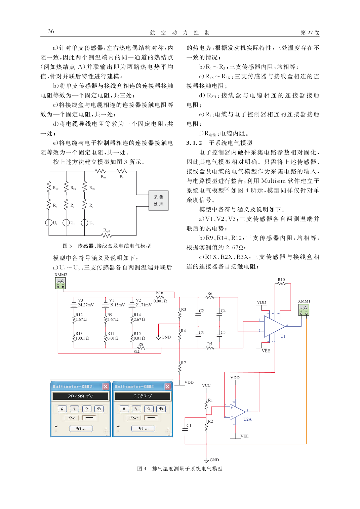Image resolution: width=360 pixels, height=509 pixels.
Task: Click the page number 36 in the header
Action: [x=51, y=31]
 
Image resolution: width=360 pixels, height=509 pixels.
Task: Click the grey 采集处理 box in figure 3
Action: [x=158, y=201]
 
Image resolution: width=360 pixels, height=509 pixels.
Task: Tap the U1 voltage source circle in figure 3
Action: [x=49, y=222]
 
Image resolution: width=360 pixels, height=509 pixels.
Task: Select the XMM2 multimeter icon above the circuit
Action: [x=61, y=283]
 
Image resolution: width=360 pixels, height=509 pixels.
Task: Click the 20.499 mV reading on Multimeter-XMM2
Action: [x=80, y=396]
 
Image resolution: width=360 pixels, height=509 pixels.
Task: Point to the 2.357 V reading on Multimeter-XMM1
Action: [x=143, y=396]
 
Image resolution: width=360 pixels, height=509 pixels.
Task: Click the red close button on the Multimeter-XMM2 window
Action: [x=106, y=386]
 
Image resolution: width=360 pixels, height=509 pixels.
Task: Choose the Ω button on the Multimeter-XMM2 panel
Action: [x=87, y=409]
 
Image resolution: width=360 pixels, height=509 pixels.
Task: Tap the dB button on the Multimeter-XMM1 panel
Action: [x=161, y=409]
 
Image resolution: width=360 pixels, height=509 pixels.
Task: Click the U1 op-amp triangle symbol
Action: [x=274, y=327]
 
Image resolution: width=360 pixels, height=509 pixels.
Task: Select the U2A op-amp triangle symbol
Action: [x=238, y=412]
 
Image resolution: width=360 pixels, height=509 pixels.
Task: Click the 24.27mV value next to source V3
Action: [x=86, y=305]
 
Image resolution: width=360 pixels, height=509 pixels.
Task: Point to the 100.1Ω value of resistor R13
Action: [x=82, y=338]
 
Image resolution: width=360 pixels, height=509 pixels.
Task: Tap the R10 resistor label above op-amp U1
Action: [x=281, y=280]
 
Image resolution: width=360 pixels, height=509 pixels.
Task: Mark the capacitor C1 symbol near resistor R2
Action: [x=185, y=429]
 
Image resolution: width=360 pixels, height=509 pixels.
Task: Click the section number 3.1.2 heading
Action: [x=194, y=143]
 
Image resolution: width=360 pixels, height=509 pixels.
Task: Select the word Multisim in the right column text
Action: [x=273, y=181]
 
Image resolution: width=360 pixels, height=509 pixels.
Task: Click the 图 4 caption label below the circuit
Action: [x=142, y=469]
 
